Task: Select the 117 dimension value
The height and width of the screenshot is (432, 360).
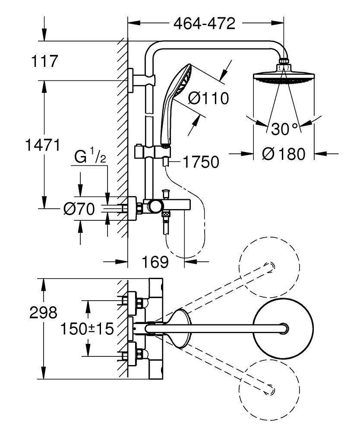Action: click(x=44, y=61)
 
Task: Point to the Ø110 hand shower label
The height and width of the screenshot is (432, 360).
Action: click(x=208, y=99)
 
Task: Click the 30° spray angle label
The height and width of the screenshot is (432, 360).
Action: click(x=284, y=128)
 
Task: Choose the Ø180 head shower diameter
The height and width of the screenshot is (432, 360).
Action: click(x=283, y=153)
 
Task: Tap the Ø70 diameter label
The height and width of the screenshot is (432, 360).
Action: click(x=79, y=209)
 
